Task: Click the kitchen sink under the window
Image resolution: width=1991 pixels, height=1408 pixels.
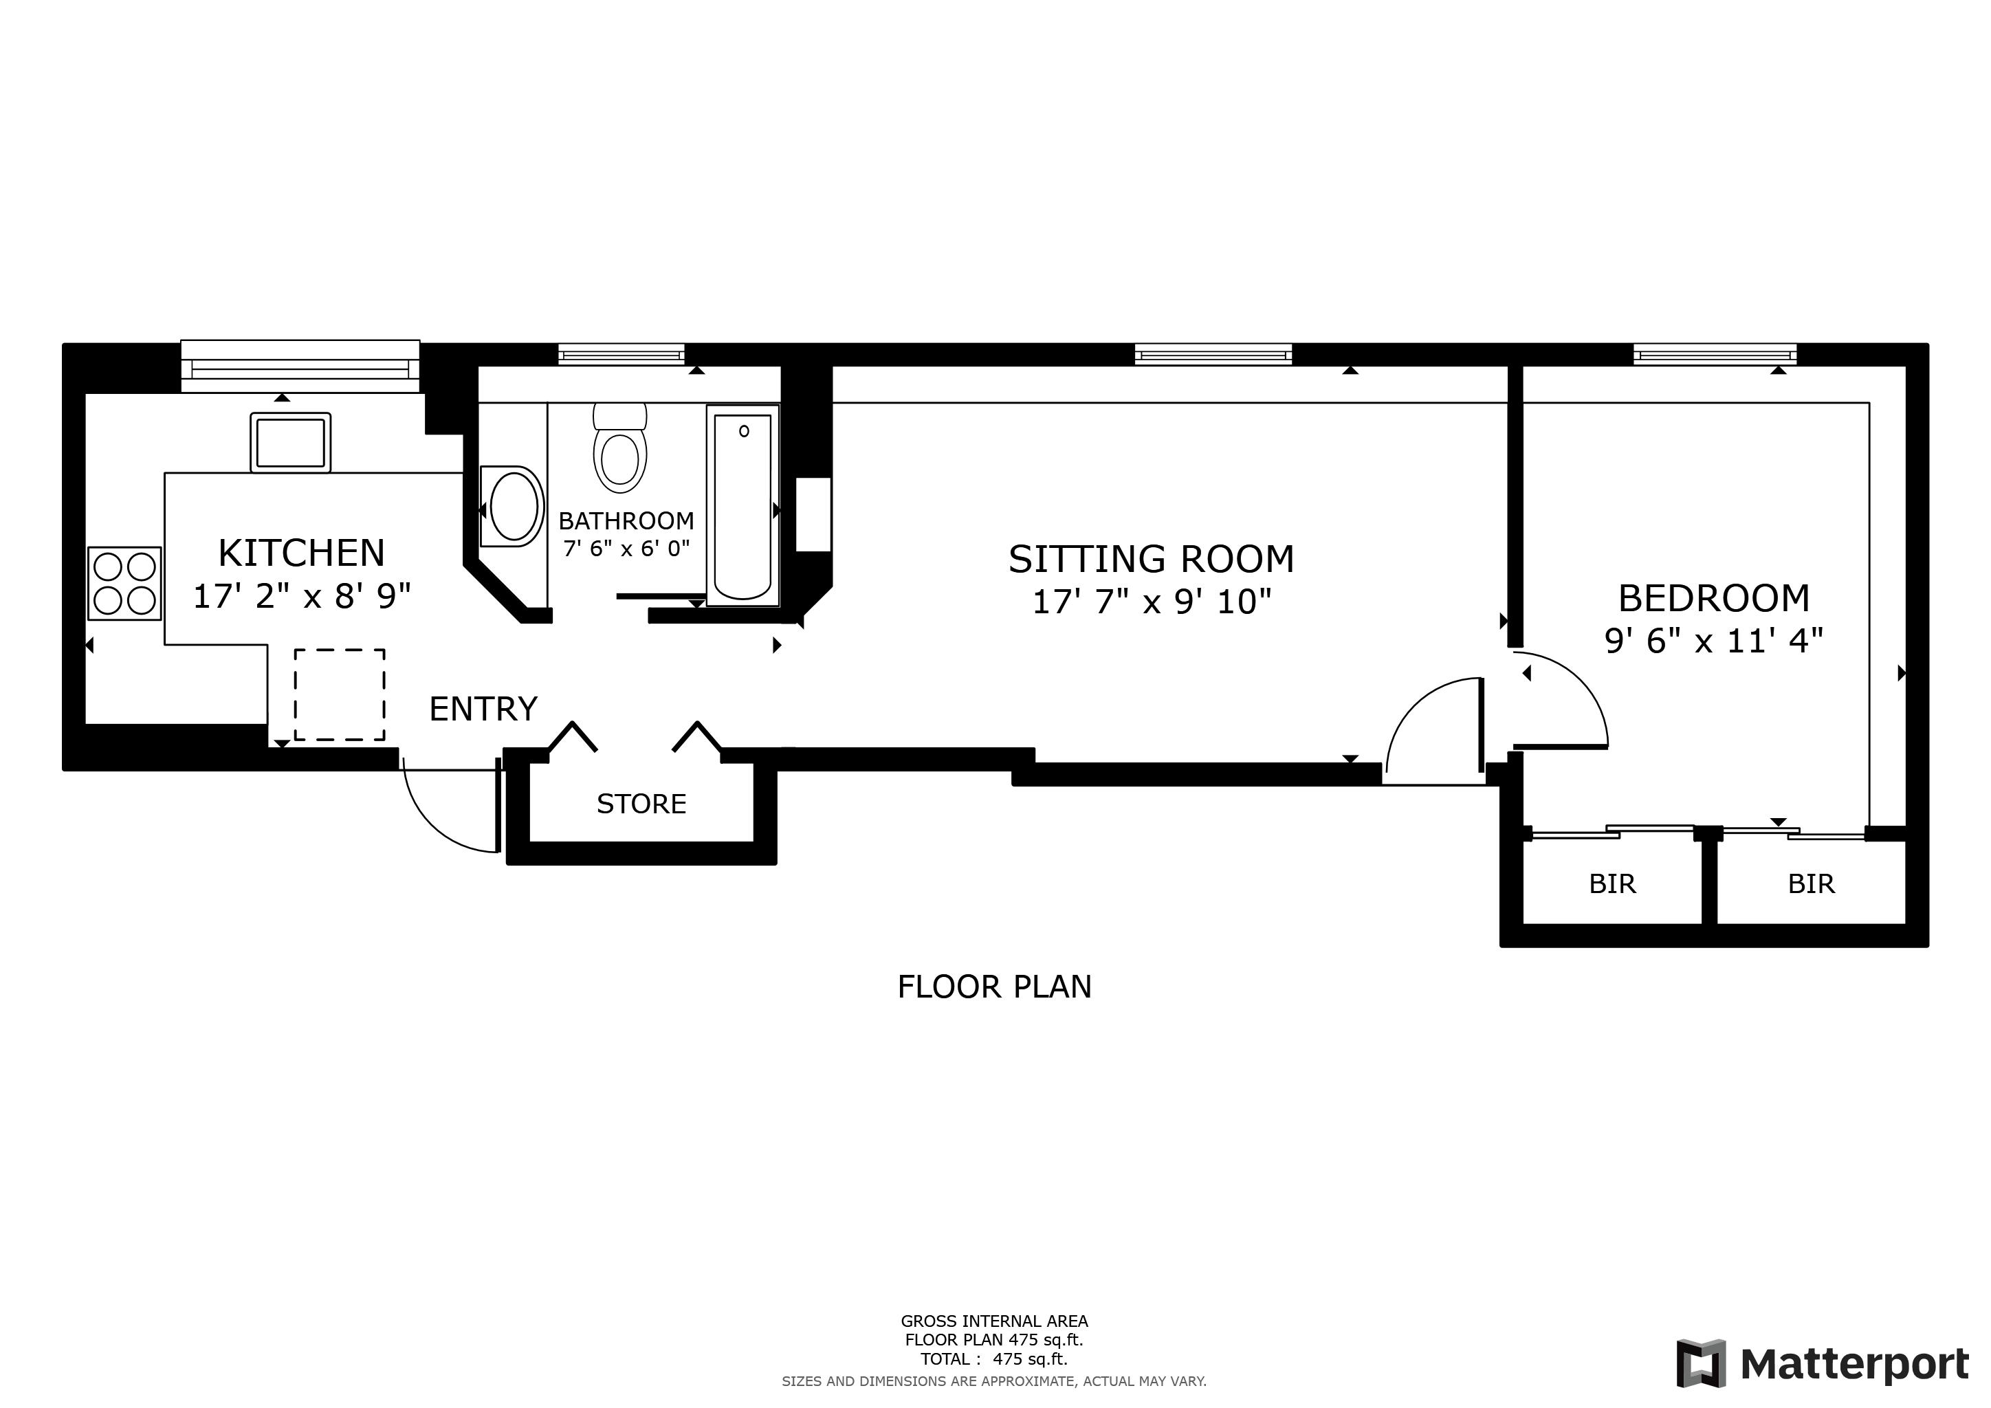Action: (x=291, y=442)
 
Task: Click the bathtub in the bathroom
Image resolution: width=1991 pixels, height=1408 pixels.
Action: (x=743, y=505)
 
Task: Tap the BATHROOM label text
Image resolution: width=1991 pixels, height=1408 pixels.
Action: (x=626, y=521)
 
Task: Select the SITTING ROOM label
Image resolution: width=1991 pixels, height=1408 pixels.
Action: (x=1151, y=559)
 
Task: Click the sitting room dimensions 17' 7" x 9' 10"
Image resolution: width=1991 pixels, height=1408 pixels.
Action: (x=1151, y=602)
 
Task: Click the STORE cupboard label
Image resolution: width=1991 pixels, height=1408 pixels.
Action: (x=641, y=804)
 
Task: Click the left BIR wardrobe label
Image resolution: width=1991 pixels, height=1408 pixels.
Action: (x=1612, y=883)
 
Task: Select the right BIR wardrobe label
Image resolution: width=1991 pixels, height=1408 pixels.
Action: (x=1812, y=883)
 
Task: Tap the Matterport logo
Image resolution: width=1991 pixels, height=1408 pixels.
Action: (x=1823, y=1364)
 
